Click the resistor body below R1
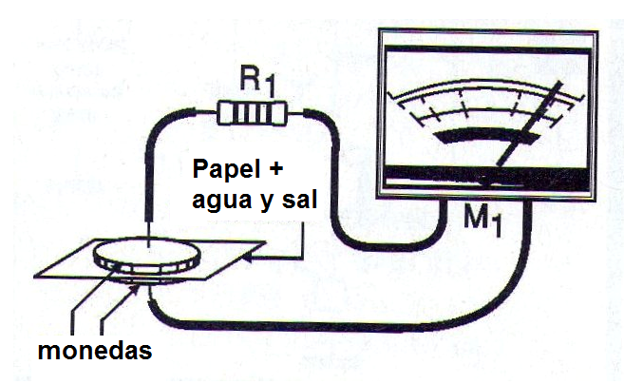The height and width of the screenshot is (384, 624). [x=252, y=113]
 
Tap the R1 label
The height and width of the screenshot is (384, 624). [x=258, y=82]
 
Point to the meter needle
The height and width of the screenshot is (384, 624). [x=530, y=123]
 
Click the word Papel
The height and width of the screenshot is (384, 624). [x=226, y=170]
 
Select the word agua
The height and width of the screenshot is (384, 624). [x=222, y=200]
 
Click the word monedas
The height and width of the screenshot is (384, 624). [x=95, y=350]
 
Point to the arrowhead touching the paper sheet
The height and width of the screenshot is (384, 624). [x=248, y=259]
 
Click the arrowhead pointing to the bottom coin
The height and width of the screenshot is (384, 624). [x=135, y=289]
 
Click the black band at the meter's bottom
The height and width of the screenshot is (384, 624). [x=487, y=177]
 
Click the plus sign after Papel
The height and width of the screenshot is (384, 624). [x=275, y=169]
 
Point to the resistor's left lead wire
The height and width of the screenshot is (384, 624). [x=206, y=113]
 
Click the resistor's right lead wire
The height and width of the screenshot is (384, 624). [x=295, y=114]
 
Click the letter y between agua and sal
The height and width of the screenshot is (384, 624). [x=268, y=202]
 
